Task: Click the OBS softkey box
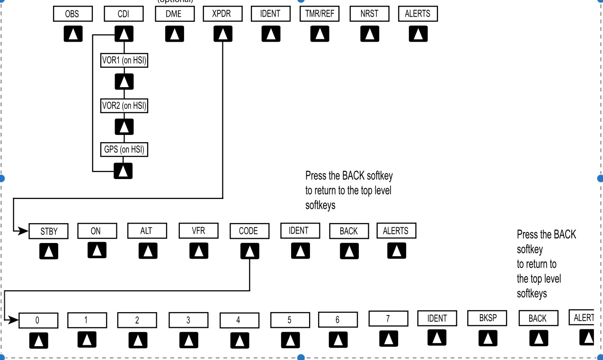pyautogui.click(x=72, y=14)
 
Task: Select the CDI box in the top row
pyautogui.click(x=123, y=14)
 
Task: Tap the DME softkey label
pyautogui.click(x=175, y=14)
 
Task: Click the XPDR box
pyautogui.click(x=222, y=14)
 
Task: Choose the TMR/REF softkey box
pyautogui.click(x=319, y=14)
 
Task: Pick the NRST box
pyautogui.click(x=369, y=14)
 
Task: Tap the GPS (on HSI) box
pyautogui.click(x=124, y=150)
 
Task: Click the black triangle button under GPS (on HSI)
pyautogui.click(x=123, y=171)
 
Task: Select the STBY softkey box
pyautogui.click(x=49, y=231)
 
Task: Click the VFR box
pyautogui.click(x=198, y=231)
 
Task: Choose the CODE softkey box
pyautogui.click(x=249, y=231)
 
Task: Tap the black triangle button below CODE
pyautogui.click(x=249, y=251)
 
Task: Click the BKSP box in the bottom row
pyautogui.click(x=488, y=318)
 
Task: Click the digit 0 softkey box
pyautogui.click(x=38, y=321)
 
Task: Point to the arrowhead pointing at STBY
pyautogui.click(x=24, y=231)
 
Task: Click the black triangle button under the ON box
pyautogui.click(x=97, y=250)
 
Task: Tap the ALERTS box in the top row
pyautogui.click(x=417, y=14)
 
